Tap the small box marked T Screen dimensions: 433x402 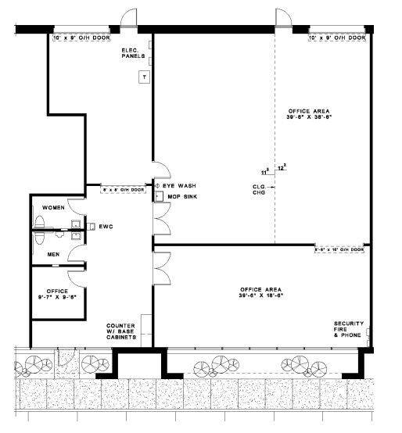coord(144,77)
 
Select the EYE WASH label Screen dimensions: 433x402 coord(178,185)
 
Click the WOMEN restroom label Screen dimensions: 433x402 coord(53,208)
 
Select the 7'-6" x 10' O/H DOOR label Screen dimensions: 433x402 coord(338,250)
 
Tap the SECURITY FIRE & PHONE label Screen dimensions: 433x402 coord(348,328)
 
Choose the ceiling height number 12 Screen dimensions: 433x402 coord(281,166)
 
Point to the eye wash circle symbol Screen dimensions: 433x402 coord(157,185)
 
